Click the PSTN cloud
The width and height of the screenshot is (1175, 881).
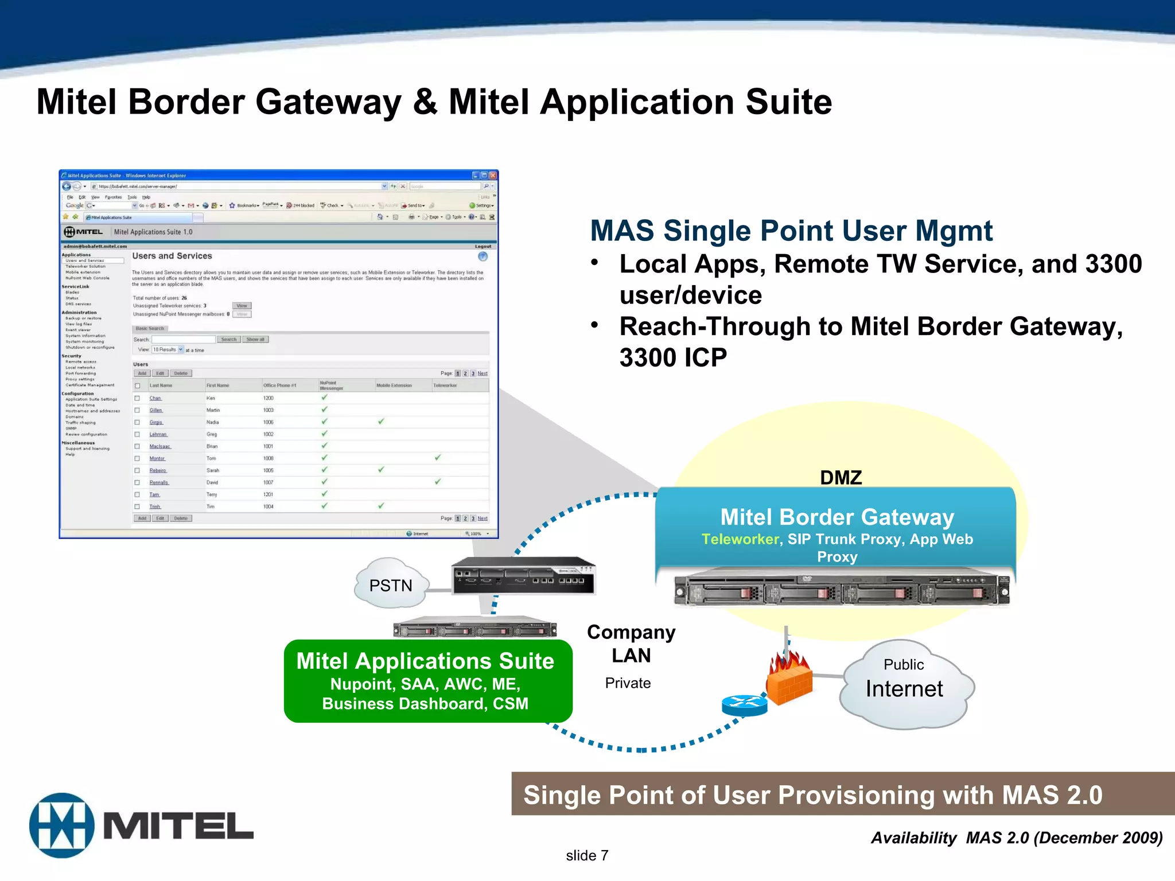[391, 584]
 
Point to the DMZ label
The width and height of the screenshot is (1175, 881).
[841, 477]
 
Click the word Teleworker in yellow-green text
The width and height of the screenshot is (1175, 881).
[740, 539]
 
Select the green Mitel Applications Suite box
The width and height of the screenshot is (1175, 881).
[427, 681]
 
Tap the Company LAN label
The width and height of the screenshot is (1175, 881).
[631, 644]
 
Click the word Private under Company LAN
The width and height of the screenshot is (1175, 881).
[628, 683]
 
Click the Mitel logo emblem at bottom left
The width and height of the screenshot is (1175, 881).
[62, 825]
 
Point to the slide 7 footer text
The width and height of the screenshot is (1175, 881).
[586, 855]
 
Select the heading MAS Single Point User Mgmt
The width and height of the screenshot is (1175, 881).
[791, 231]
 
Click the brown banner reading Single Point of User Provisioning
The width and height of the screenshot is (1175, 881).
[812, 795]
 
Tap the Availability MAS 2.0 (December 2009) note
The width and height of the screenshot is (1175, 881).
[1016, 838]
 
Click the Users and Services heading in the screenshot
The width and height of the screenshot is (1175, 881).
[172, 256]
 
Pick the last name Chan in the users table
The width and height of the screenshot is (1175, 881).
[155, 398]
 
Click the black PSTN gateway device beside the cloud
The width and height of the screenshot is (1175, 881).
[523, 576]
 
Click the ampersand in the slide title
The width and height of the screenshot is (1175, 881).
[425, 102]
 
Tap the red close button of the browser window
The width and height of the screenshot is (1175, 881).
[492, 176]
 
